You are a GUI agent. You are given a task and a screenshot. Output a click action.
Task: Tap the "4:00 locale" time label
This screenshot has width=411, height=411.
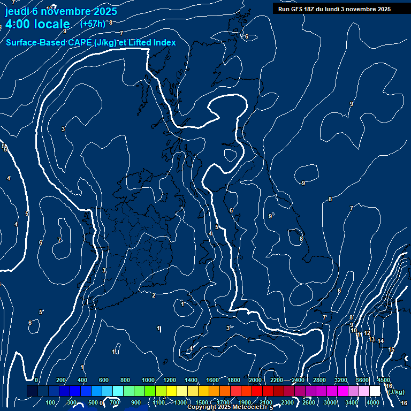coord(37,24)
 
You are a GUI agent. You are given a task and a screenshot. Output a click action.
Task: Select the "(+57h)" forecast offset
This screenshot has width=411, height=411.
coord(93,24)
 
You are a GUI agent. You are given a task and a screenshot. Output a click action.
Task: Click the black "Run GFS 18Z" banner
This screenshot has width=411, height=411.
coord(334,9)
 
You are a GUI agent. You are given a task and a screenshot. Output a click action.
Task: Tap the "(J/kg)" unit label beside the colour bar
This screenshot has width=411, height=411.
coord(397,392)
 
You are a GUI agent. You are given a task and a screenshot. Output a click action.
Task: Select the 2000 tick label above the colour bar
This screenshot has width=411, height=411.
coord(255,380)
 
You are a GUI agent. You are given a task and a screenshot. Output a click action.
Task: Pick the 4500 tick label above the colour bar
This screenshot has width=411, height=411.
coord(383,380)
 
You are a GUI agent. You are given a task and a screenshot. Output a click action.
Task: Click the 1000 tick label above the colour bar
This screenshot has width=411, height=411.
coord(148,380)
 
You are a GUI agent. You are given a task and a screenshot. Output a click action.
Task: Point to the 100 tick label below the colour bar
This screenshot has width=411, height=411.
coord(51,402)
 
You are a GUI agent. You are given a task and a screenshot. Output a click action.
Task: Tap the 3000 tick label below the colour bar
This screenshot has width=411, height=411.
coord(330,402)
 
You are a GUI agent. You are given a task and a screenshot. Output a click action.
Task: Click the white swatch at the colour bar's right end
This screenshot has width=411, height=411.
coord(375,391)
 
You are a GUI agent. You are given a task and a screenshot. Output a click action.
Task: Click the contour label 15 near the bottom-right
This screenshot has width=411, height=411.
coord(391,349)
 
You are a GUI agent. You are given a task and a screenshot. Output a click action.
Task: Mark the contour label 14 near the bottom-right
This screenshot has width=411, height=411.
coord(380,341)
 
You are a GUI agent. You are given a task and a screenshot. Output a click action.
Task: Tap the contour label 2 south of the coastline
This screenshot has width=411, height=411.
coord(154,295)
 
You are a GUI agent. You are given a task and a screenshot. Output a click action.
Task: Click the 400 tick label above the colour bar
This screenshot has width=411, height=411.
coord(82,380)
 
